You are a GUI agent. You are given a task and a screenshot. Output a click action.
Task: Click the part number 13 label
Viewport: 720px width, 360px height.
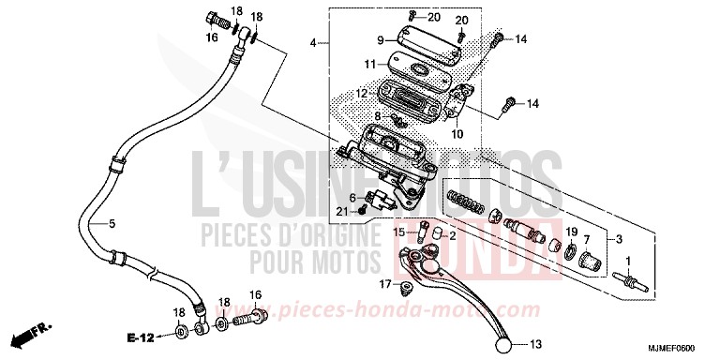coord(535,343)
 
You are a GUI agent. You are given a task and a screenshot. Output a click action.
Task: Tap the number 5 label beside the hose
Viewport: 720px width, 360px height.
coord(112,223)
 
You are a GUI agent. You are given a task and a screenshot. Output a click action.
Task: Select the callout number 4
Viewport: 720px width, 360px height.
coord(314,43)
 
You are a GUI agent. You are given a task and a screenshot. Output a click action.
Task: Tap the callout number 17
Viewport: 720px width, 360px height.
coord(384,284)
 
